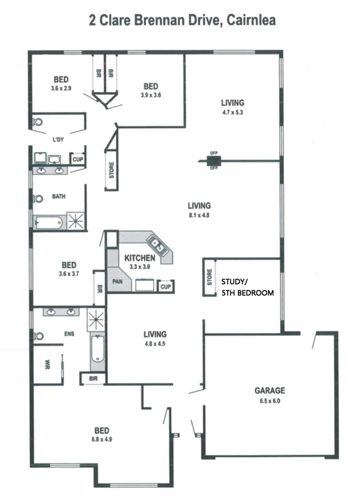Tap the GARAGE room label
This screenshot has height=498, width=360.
[269, 391]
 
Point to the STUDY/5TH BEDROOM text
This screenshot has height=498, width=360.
[247, 287]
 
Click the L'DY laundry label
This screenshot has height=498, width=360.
[58, 139]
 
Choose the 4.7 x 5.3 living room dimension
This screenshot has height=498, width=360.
[232, 112]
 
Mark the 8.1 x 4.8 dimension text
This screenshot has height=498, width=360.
[199, 216]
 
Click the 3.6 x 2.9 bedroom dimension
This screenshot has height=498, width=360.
[61, 88]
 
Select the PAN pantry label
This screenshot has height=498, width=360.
[118, 282]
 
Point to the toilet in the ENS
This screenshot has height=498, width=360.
[39, 336]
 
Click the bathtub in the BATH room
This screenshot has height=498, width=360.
[49, 222]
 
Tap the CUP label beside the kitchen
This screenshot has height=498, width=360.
[166, 286]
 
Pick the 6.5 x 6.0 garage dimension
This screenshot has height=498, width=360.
[269, 400]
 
